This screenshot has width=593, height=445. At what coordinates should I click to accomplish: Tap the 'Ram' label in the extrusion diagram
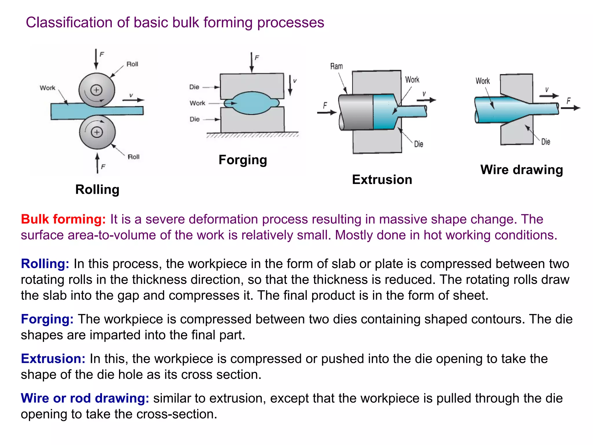(336, 67)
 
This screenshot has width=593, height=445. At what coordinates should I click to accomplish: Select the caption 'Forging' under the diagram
(243, 160)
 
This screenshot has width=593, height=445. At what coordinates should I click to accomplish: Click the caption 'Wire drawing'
(521, 170)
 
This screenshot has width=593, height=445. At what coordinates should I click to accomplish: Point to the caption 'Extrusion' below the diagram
(382, 180)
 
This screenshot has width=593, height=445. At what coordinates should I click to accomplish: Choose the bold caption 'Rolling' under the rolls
(97, 189)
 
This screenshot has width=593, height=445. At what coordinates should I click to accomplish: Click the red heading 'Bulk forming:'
(63, 219)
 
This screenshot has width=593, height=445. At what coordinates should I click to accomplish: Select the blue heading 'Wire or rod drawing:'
(85, 398)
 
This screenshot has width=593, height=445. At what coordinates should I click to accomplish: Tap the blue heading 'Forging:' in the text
(47, 319)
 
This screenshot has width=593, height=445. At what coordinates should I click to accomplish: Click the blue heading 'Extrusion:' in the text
(53, 359)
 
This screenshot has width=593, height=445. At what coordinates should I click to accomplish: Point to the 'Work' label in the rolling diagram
(47, 88)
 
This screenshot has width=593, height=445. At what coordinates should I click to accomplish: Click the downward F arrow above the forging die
(252, 62)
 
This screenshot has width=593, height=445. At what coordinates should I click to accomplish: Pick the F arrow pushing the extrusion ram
(327, 112)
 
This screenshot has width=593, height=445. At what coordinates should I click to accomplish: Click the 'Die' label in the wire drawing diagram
(546, 142)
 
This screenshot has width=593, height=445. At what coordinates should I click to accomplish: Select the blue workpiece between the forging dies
(251, 103)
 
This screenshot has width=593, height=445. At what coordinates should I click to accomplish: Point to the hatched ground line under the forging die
(252, 135)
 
